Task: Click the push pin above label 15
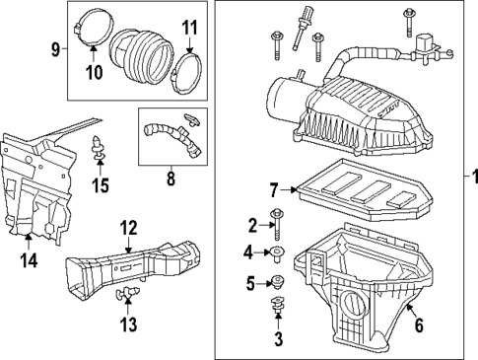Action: pos(100,149)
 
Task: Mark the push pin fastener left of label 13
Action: pos(126,294)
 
